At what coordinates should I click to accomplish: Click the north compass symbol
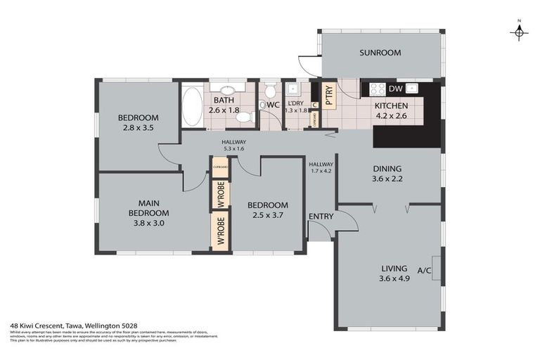point(519,32)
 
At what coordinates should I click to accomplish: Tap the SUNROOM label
point(380,53)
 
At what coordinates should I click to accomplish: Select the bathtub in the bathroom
point(192,106)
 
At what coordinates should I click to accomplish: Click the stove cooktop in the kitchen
point(377,89)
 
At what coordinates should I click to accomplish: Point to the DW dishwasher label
point(395,89)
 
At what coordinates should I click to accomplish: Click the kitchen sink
point(412,89)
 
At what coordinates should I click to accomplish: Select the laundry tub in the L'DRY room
point(294,89)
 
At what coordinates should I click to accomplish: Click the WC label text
point(274,105)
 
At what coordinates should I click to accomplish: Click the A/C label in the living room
point(425,270)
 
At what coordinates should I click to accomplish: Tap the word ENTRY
point(321,215)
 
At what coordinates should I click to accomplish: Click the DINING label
point(387,169)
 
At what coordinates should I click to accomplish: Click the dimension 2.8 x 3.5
point(138,129)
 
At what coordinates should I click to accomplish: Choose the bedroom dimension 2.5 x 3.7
point(264,216)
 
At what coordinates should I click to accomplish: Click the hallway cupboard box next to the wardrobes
point(220,167)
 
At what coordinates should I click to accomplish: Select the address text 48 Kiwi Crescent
point(37,326)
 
